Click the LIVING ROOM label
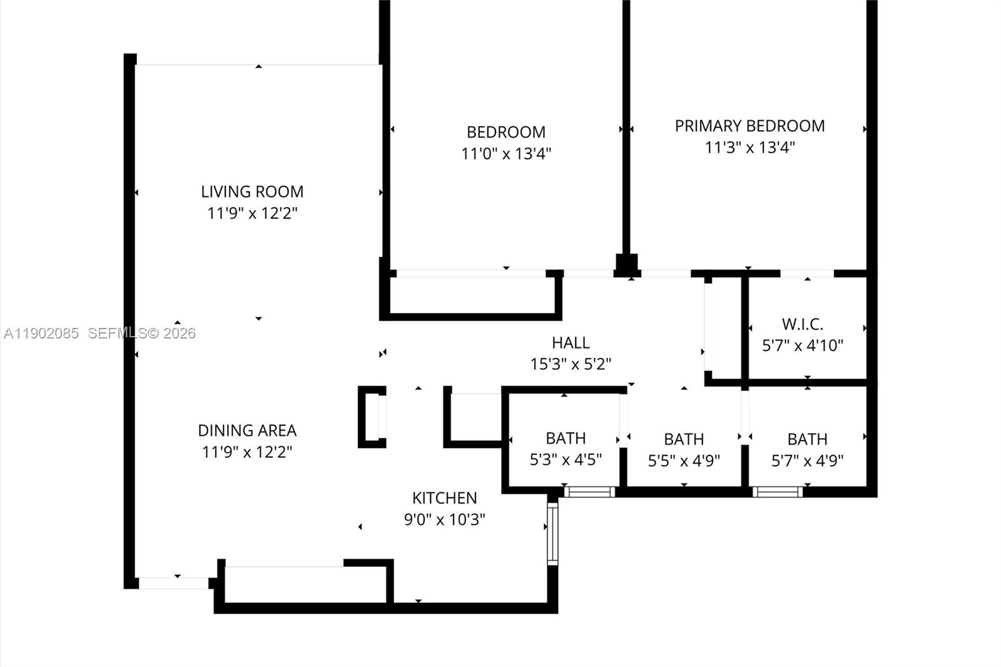pos(252,191)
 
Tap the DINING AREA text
pos(247,430)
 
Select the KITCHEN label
pos(444,498)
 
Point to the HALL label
pos(571,343)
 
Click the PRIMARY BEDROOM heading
pos(749,126)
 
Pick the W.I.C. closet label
pos(802,324)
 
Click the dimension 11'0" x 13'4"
pos(506,153)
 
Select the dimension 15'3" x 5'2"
pos(571,364)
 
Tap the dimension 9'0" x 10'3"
pos(444,519)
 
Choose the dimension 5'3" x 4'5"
pos(566,460)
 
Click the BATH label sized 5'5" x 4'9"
pos(684,439)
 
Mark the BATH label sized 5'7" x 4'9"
pos(807,439)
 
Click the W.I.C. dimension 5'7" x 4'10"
pos(802,345)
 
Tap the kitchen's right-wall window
pos(552,533)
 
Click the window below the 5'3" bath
pos(589,492)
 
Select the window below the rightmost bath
pos(777,492)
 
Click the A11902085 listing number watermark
pos(41,333)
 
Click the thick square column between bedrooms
pos(626,264)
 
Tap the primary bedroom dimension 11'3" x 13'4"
pos(749,148)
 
